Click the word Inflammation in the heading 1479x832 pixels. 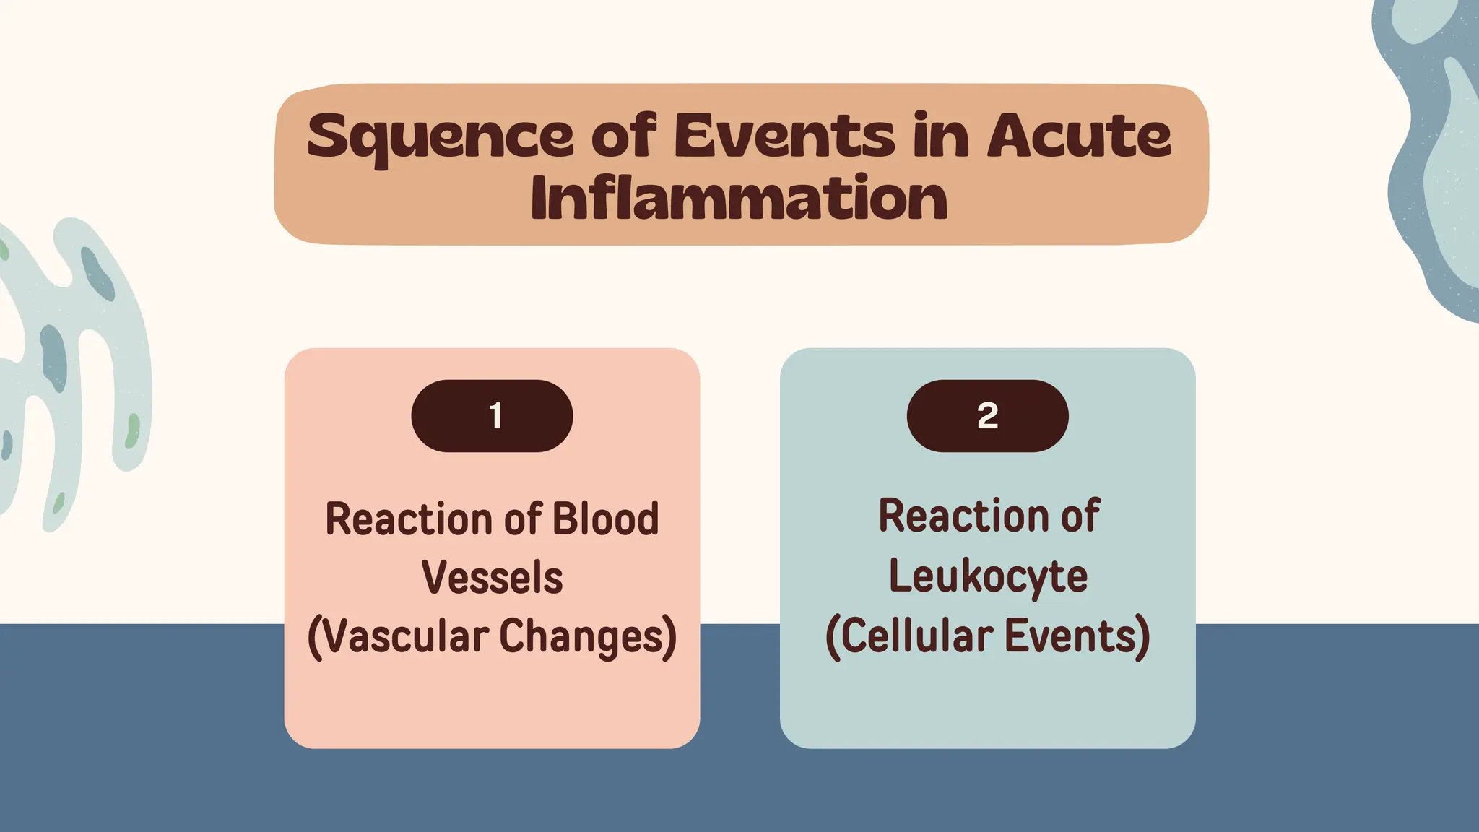739,199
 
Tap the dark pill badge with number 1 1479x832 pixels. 493,416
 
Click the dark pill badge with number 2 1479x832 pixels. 987,416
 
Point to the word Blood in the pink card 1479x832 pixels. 605,519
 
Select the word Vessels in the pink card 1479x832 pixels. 492,578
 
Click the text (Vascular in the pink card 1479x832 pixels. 398,637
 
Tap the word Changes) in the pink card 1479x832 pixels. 588,637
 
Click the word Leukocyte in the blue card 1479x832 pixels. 987,576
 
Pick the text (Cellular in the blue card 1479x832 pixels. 909,637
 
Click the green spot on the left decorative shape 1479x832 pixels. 133,431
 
